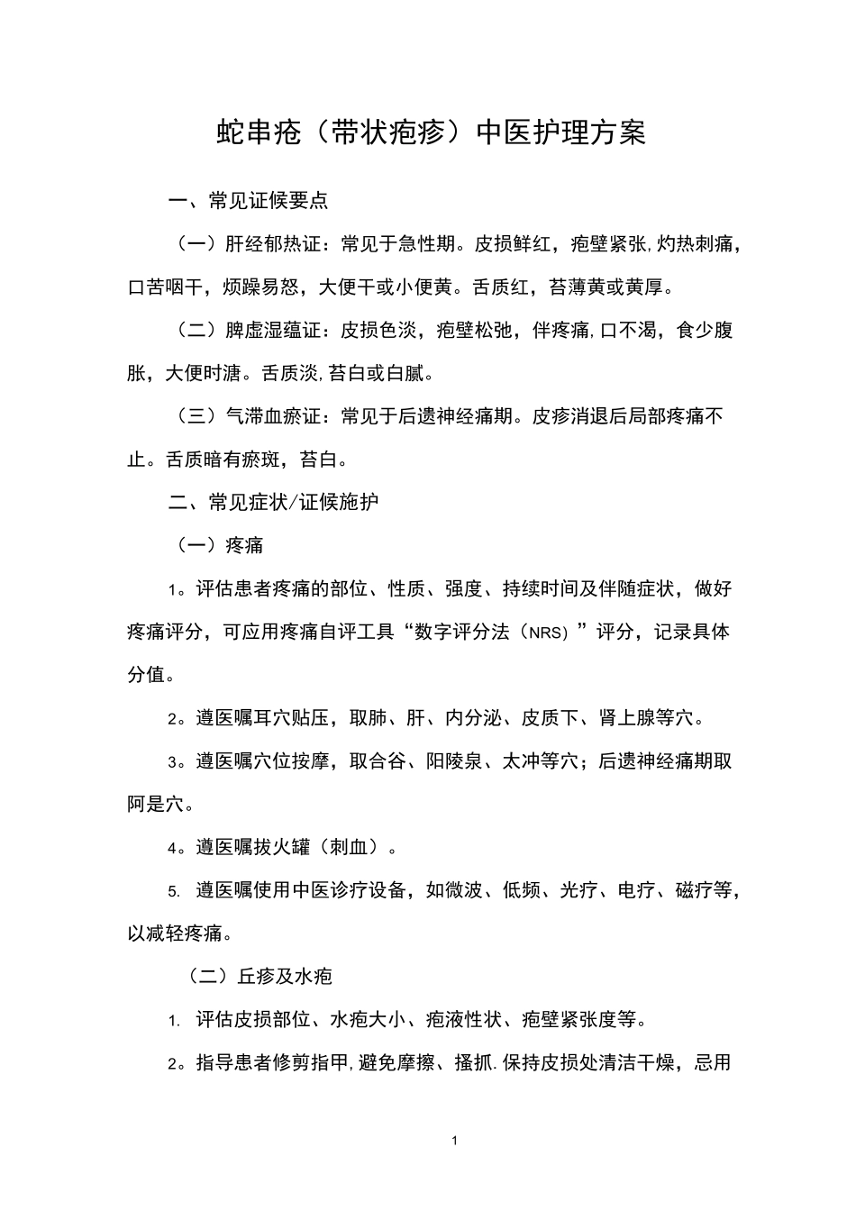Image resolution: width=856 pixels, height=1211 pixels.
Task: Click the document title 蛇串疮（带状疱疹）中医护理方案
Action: click(432, 132)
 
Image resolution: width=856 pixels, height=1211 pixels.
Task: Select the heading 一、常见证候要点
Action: click(249, 200)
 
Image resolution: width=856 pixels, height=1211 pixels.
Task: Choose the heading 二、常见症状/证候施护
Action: click(274, 502)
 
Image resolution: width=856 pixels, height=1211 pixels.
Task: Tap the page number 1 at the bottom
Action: click(454, 1141)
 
